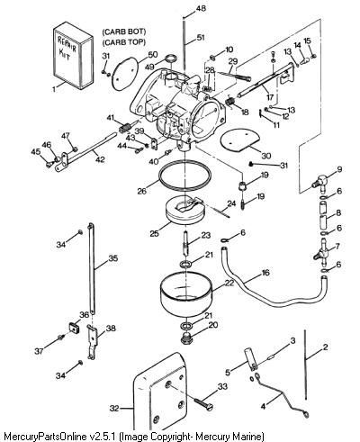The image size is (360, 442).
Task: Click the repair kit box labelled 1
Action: pos(73,56)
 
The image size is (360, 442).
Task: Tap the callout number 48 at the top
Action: pos(201,8)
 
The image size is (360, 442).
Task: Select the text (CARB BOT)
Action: pos(124,32)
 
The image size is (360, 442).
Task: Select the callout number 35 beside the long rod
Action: pos(113,258)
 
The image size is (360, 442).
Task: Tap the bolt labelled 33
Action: pos(203,403)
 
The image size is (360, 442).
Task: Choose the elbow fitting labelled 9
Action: pos(319,182)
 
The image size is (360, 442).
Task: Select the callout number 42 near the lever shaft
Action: pos(100,159)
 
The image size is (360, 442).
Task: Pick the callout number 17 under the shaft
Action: pos(270,97)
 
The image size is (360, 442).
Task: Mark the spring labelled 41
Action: pos(124,128)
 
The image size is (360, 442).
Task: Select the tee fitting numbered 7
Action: pos(322,253)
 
